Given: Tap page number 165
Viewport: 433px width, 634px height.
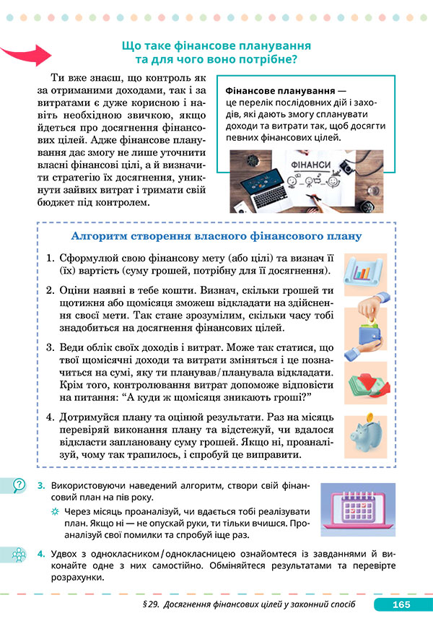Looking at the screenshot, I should [x=401, y=604].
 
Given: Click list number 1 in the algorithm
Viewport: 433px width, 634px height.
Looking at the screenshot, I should [x=51, y=258].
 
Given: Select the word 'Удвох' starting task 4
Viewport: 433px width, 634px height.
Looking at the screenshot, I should [x=66, y=552].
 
